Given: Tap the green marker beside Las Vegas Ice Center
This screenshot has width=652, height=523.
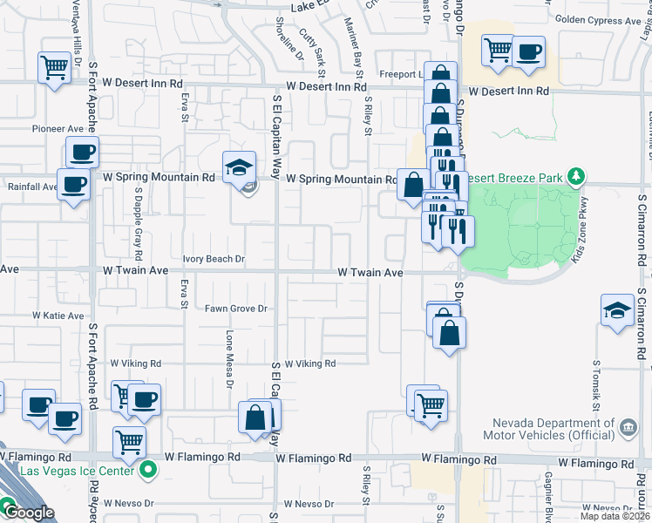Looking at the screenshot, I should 148,472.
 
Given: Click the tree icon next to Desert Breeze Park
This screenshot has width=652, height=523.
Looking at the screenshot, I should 575,178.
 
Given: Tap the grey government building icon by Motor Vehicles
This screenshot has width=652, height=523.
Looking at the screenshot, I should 628,428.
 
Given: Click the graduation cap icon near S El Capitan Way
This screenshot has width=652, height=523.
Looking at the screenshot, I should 238,166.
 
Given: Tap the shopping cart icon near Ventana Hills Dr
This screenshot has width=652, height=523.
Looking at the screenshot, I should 54,66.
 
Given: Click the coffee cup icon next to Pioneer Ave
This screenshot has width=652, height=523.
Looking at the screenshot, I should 82,153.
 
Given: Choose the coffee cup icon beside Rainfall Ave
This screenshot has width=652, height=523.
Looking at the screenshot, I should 73,184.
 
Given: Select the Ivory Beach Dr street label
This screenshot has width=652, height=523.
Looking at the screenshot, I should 214,259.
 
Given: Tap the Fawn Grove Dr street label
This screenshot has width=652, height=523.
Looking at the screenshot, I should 235,309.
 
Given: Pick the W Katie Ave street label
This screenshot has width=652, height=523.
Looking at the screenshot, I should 58,316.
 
